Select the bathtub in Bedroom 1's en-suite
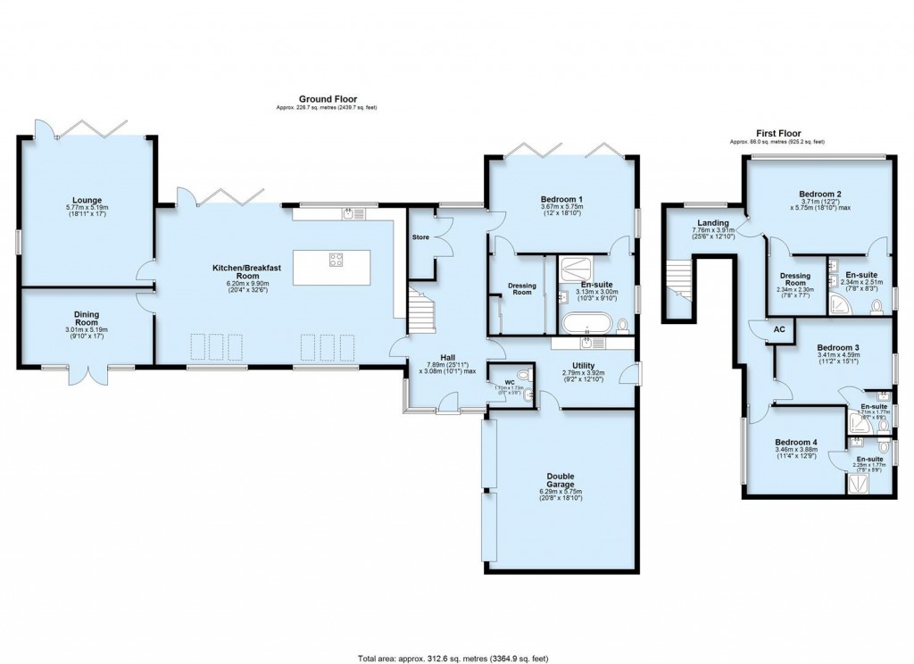tap(586, 322)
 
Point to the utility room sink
tap(586, 343)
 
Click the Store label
tap(420, 238)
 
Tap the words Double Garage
tap(561, 480)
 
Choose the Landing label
tap(714, 223)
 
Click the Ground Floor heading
tap(321, 99)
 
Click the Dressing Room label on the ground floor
tap(521, 288)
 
